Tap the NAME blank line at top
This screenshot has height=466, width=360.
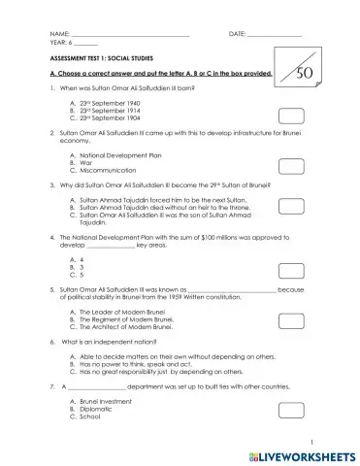[x=132, y=36]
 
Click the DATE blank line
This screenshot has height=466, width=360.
[x=275, y=36]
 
